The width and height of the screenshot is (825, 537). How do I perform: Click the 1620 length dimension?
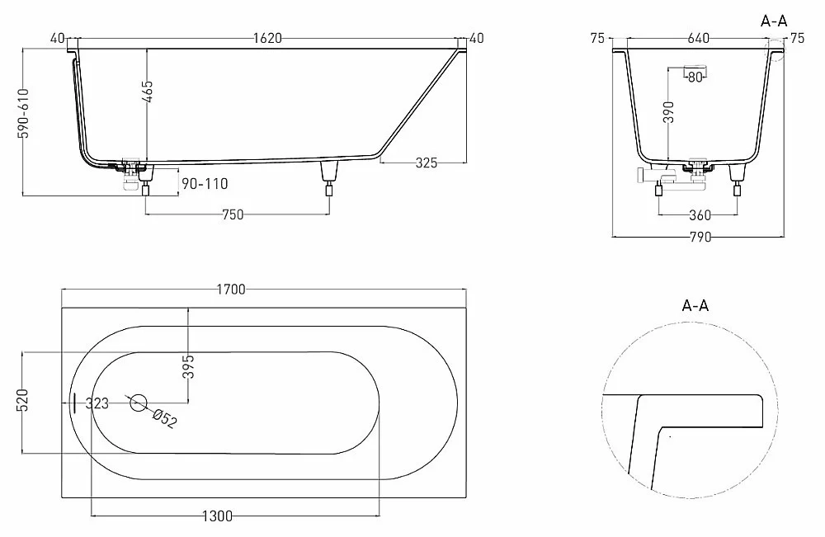(267, 39)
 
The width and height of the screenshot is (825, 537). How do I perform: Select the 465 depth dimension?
(148, 92)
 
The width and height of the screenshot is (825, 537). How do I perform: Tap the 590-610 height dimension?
(23, 114)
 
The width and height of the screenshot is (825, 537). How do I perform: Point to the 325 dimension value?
(427, 163)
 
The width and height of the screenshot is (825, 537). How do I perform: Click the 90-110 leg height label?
(205, 184)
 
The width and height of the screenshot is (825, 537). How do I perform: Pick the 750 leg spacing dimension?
(233, 214)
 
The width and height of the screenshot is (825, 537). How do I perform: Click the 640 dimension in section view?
(698, 39)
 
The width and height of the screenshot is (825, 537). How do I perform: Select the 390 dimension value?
(668, 112)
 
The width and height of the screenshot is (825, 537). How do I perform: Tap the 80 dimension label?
(695, 78)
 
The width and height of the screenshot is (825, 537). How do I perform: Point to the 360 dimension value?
(700, 215)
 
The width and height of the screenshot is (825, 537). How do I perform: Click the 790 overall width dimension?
(700, 238)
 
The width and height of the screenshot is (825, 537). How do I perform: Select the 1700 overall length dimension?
(231, 290)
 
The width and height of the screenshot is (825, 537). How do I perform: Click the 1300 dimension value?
(217, 516)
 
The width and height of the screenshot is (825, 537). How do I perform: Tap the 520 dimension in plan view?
(23, 400)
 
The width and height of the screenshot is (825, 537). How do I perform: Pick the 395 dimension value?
(188, 366)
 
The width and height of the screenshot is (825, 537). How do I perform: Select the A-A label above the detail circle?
(695, 305)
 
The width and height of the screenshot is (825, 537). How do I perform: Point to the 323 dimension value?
(97, 403)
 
